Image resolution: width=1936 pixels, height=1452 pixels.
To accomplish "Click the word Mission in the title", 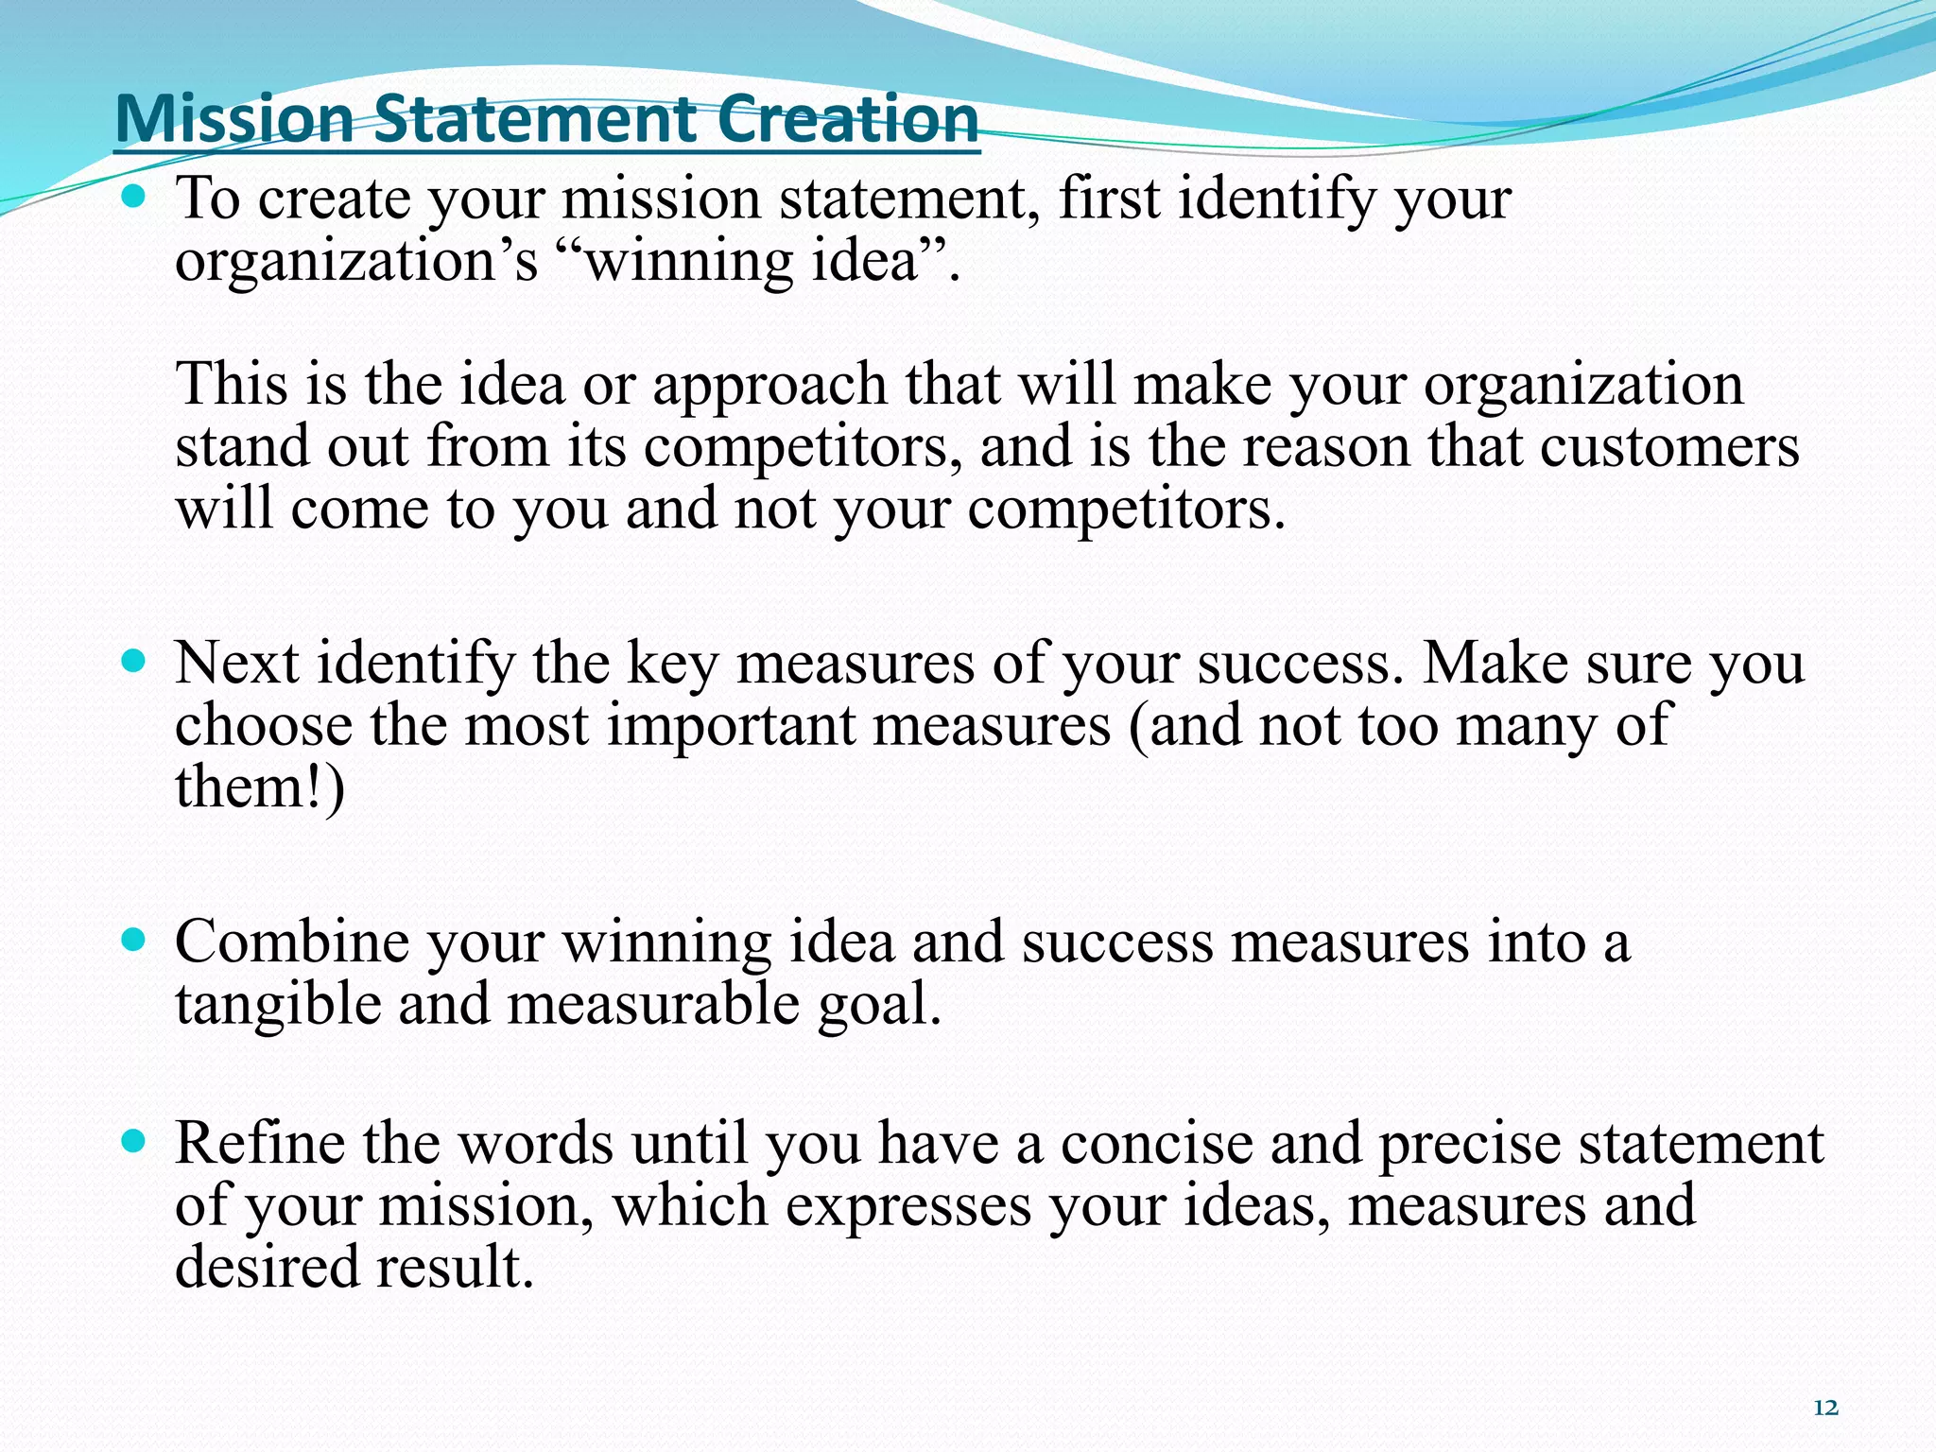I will [x=234, y=120].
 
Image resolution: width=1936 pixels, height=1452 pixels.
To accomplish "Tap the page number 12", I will [x=1825, y=1408].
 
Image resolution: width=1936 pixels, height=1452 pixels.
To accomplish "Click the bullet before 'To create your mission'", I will [x=135, y=197].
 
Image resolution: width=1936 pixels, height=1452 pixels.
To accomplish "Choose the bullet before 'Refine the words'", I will [x=135, y=1141].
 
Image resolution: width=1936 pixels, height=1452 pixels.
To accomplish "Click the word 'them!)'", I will [x=260, y=786].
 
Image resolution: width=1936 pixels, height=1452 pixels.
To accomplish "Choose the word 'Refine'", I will [x=260, y=1143].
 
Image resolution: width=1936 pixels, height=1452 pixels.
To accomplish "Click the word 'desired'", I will [x=266, y=1267].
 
